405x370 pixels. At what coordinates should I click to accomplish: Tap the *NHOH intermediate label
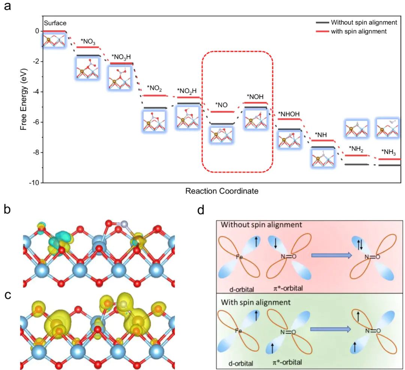pyautogui.click(x=289, y=114)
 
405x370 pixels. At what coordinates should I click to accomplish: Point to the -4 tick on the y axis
pyautogui.click(x=37, y=92)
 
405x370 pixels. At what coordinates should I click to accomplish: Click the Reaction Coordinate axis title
pyautogui.click(x=222, y=191)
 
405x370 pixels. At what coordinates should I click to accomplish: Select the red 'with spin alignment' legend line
pyautogui.click(x=321, y=31)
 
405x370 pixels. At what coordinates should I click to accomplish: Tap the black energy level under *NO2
pyautogui.click(x=155, y=108)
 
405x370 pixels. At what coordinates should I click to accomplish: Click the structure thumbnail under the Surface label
pyautogui.click(x=54, y=40)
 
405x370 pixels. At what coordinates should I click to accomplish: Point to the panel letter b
pyautogui.click(x=7, y=209)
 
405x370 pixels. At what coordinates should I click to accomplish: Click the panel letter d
pyautogui.click(x=201, y=210)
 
